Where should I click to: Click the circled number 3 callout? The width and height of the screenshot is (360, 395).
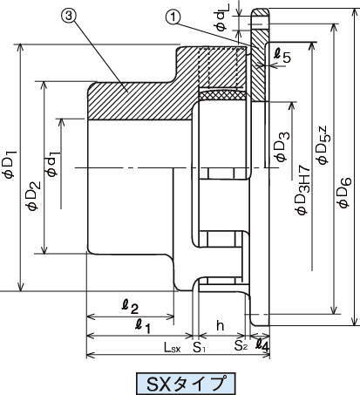click(x=69, y=17)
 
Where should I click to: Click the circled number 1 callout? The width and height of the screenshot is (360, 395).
click(x=173, y=17)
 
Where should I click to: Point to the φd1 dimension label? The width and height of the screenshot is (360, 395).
click(x=52, y=164)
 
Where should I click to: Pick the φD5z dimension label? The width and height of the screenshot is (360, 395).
click(x=323, y=145)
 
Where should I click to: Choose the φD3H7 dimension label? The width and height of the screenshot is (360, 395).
click(x=302, y=189)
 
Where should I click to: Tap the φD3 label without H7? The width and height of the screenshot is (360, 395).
click(x=282, y=146)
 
